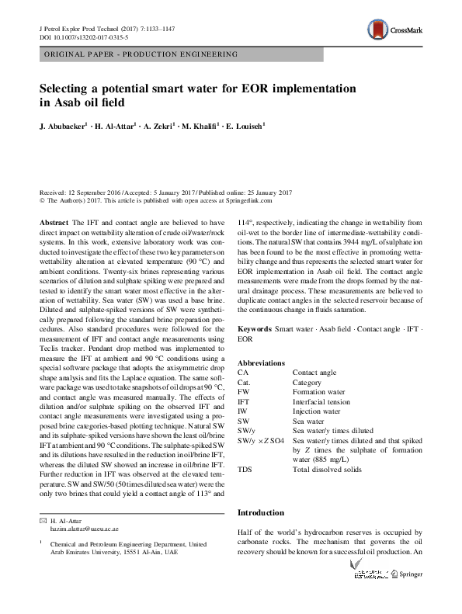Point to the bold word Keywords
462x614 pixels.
pyautogui.click(x=254, y=330)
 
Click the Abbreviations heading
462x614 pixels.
pyautogui.click(x=260, y=363)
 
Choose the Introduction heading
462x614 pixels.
pyautogui.click(x=262, y=512)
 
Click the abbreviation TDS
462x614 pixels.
pyautogui.click(x=245, y=470)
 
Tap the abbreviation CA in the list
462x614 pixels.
pyautogui.click(x=243, y=373)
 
